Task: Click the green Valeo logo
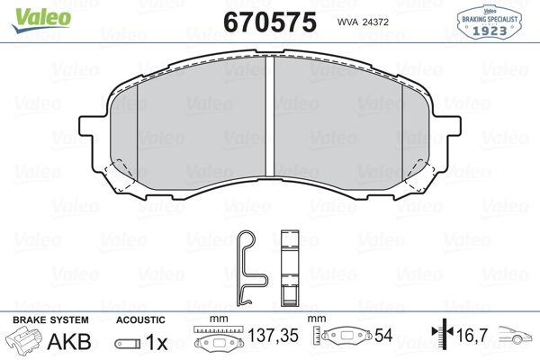pos(41,20)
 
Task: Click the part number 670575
pos(270,22)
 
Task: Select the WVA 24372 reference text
pos(363,22)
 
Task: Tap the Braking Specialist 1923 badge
pos(489,22)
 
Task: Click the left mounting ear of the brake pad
pos(86,126)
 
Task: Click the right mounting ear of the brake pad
pos(454,126)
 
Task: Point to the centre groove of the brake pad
pos(270,116)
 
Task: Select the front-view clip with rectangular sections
pos(290,268)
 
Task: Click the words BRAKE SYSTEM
pos(50,320)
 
